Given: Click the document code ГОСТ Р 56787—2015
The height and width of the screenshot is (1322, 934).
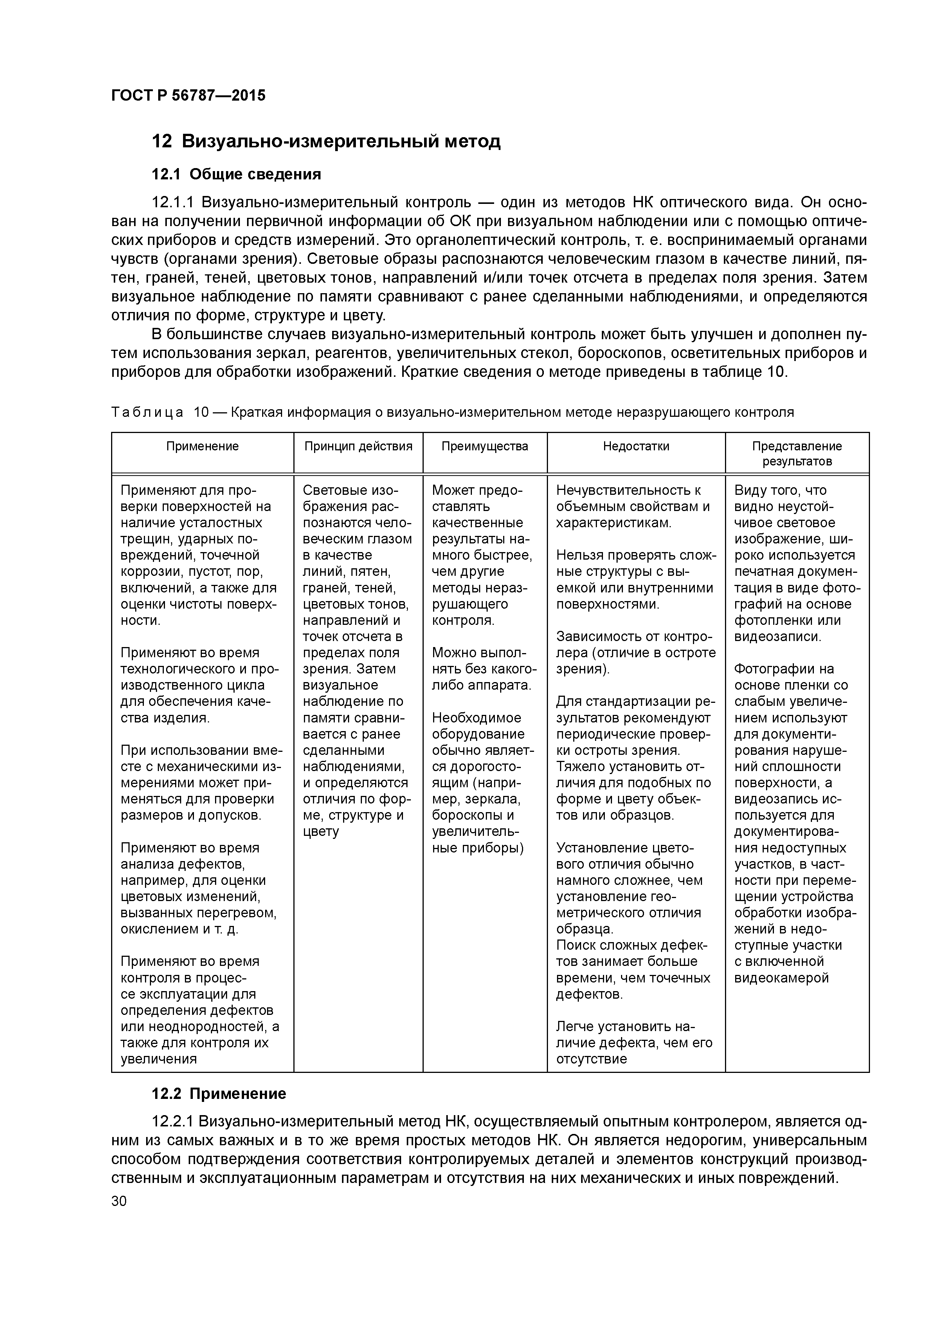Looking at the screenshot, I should click(188, 96).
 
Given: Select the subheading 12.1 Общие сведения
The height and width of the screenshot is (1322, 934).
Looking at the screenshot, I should click(236, 174).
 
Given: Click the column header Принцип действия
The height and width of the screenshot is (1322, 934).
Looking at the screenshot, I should click(358, 446).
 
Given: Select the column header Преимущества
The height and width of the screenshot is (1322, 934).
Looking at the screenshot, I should click(485, 446).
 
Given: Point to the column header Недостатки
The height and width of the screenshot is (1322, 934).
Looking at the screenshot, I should click(636, 446).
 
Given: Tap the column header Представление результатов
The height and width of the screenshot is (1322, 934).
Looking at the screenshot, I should click(797, 454).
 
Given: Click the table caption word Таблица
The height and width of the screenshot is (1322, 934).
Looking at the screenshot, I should click(147, 412).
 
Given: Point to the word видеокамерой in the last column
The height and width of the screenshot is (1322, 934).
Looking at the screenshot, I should click(781, 978).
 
